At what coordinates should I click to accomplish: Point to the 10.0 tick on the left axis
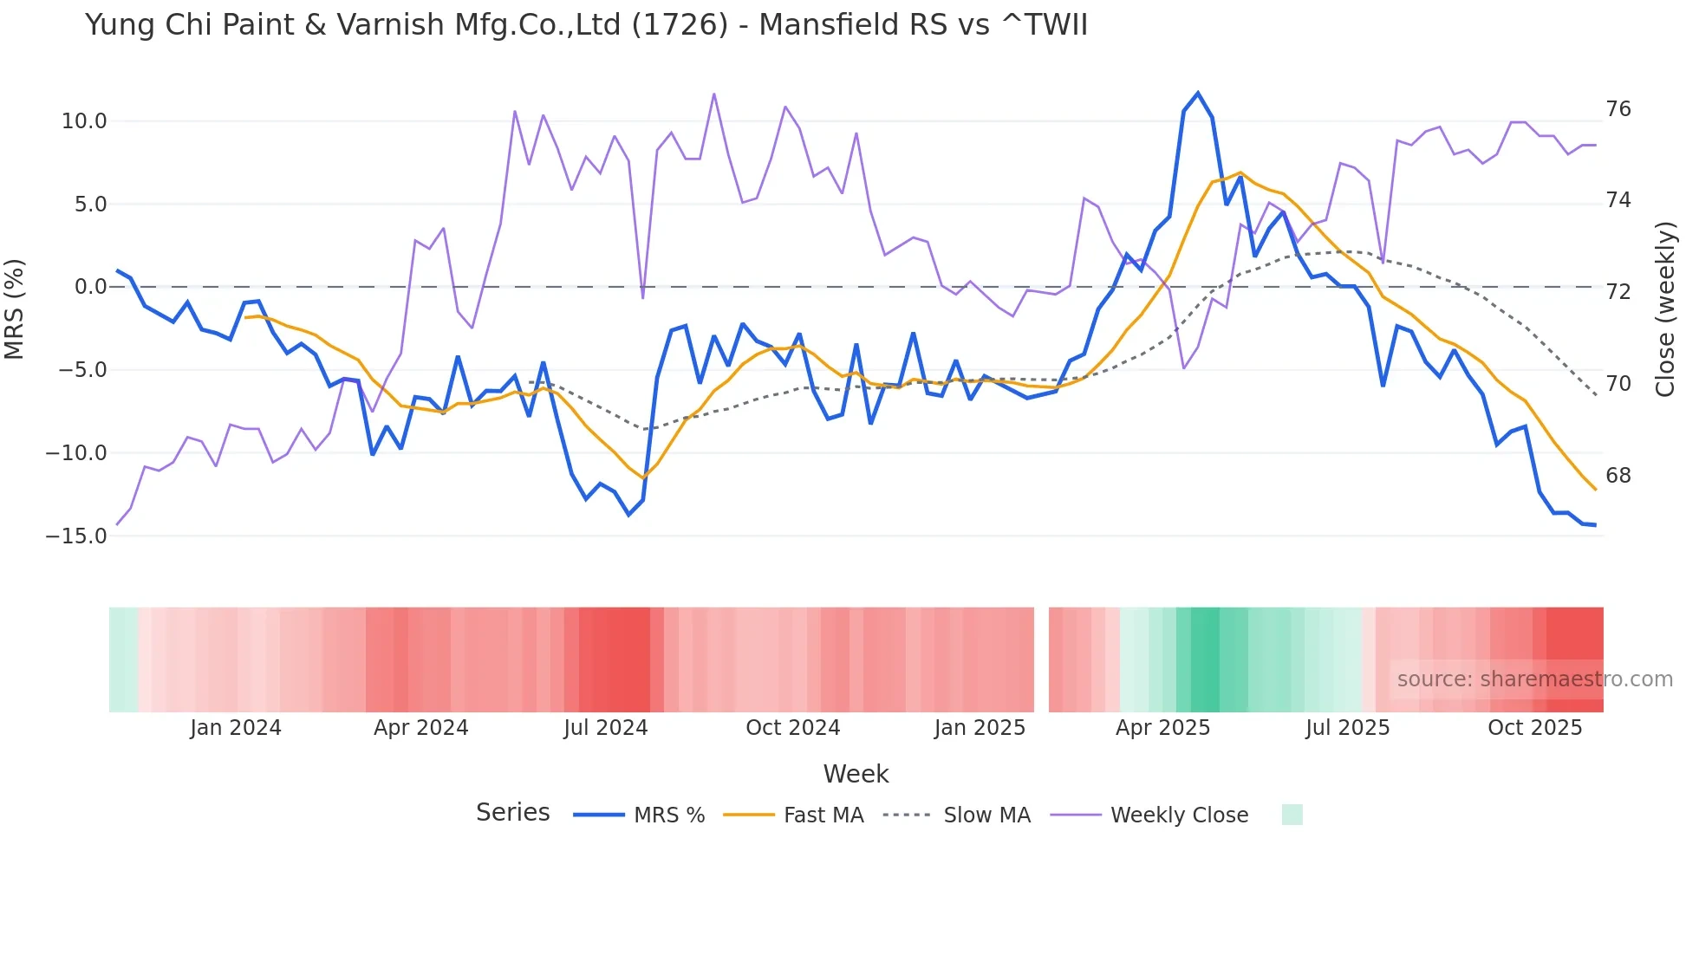[84, 121]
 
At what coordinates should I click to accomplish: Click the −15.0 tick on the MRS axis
[76, 536]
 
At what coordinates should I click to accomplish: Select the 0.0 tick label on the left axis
[91, 287]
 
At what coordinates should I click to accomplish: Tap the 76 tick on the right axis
[1618, 109]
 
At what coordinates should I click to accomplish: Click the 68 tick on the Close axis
[1618, 476]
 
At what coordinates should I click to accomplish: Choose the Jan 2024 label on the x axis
[236, 728]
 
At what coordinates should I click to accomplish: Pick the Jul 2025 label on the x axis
[1347, 728]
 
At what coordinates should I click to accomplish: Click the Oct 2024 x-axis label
[792, 728]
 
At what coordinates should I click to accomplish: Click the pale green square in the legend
[1292, 815]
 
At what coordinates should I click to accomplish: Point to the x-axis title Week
[856, 774]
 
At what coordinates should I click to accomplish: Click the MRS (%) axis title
[15, 309]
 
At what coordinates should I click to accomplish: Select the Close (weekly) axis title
[1664, 309]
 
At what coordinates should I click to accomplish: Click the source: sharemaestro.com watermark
[1534, 679]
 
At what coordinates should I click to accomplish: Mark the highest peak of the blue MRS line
[1198, 93]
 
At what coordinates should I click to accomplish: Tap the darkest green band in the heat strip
[1205, 659]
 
